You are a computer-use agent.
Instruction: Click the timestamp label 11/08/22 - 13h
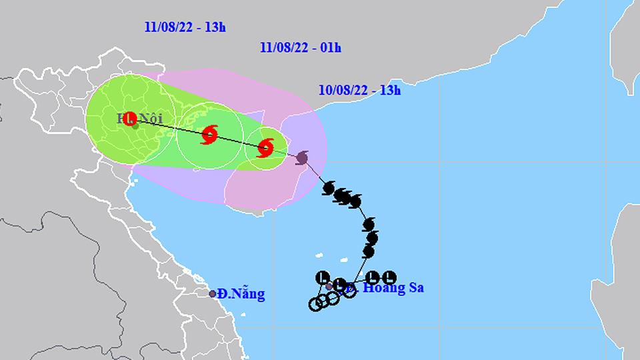185,27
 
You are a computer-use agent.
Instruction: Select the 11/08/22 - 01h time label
299,48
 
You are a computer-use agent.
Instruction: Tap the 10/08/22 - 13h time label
359,91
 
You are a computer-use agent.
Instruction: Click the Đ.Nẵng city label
241,294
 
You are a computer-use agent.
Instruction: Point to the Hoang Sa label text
389,289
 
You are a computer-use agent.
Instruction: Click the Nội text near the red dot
151,119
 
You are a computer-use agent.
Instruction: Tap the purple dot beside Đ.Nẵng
213,293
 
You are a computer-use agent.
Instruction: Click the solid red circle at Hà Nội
131,118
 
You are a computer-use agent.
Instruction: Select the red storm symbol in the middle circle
209,134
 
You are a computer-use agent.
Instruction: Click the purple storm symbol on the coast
302,158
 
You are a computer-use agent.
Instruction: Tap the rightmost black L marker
391,277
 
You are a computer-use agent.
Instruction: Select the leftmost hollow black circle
315,305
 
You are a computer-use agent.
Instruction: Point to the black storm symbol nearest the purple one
328,189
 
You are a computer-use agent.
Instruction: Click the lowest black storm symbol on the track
369,251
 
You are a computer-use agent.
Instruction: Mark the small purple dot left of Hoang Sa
329,287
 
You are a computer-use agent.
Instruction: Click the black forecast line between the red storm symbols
237,141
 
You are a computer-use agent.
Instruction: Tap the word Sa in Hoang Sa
415,289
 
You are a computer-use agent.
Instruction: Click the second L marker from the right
374,277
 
